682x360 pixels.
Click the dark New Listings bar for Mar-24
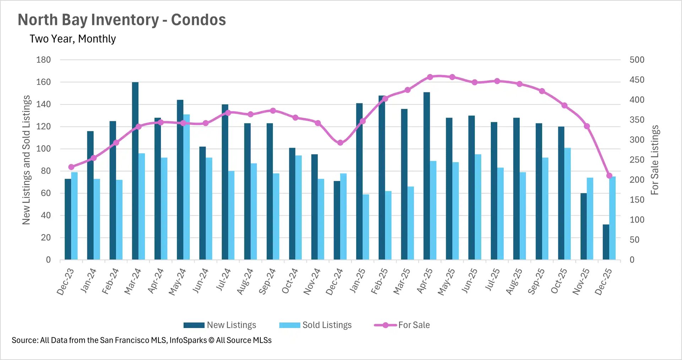coord(135,171)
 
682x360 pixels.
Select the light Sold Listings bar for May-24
coord(186,187)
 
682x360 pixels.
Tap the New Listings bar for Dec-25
coord(606,242)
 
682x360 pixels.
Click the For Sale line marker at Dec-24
coord(340,143)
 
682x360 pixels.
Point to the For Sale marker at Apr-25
coord(430,77)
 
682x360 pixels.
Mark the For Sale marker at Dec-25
coord(609,176)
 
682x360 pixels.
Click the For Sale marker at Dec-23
coord(71,167)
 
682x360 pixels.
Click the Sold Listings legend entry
coord(315,325)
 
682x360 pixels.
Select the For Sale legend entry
coord(402,325)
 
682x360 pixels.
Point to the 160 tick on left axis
coord(43,82)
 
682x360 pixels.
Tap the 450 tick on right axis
coord(637,80)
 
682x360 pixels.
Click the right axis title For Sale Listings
coord(654,160)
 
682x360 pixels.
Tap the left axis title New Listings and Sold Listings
coord(26,160)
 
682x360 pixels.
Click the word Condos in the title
coord(198,20)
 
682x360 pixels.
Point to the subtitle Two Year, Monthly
coord(73,39)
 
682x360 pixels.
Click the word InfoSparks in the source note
coord(188,340)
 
